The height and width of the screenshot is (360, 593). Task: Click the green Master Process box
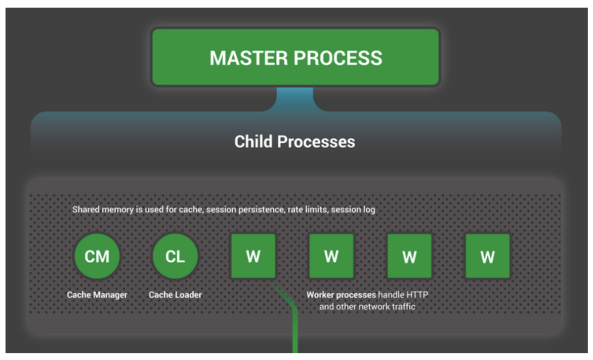pos(296,57)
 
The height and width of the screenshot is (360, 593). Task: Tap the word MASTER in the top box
pos(249,58)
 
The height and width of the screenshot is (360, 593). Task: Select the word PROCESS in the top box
pos(338,58)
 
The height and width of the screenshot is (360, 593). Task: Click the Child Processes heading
pos(295,142)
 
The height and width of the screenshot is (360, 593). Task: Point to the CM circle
pos(97,256)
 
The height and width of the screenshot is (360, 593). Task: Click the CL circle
pos(175,256)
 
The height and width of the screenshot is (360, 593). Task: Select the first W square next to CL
pos(253,256)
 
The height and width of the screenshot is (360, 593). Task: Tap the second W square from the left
pos(331,256)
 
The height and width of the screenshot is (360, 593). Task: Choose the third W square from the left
pos(409,256)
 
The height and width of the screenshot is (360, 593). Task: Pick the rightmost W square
pos(487,256)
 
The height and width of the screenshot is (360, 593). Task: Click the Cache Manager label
pos(97,295)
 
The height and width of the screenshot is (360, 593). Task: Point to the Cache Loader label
pos(175,295)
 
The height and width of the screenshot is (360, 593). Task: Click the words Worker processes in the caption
pos(341,295)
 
